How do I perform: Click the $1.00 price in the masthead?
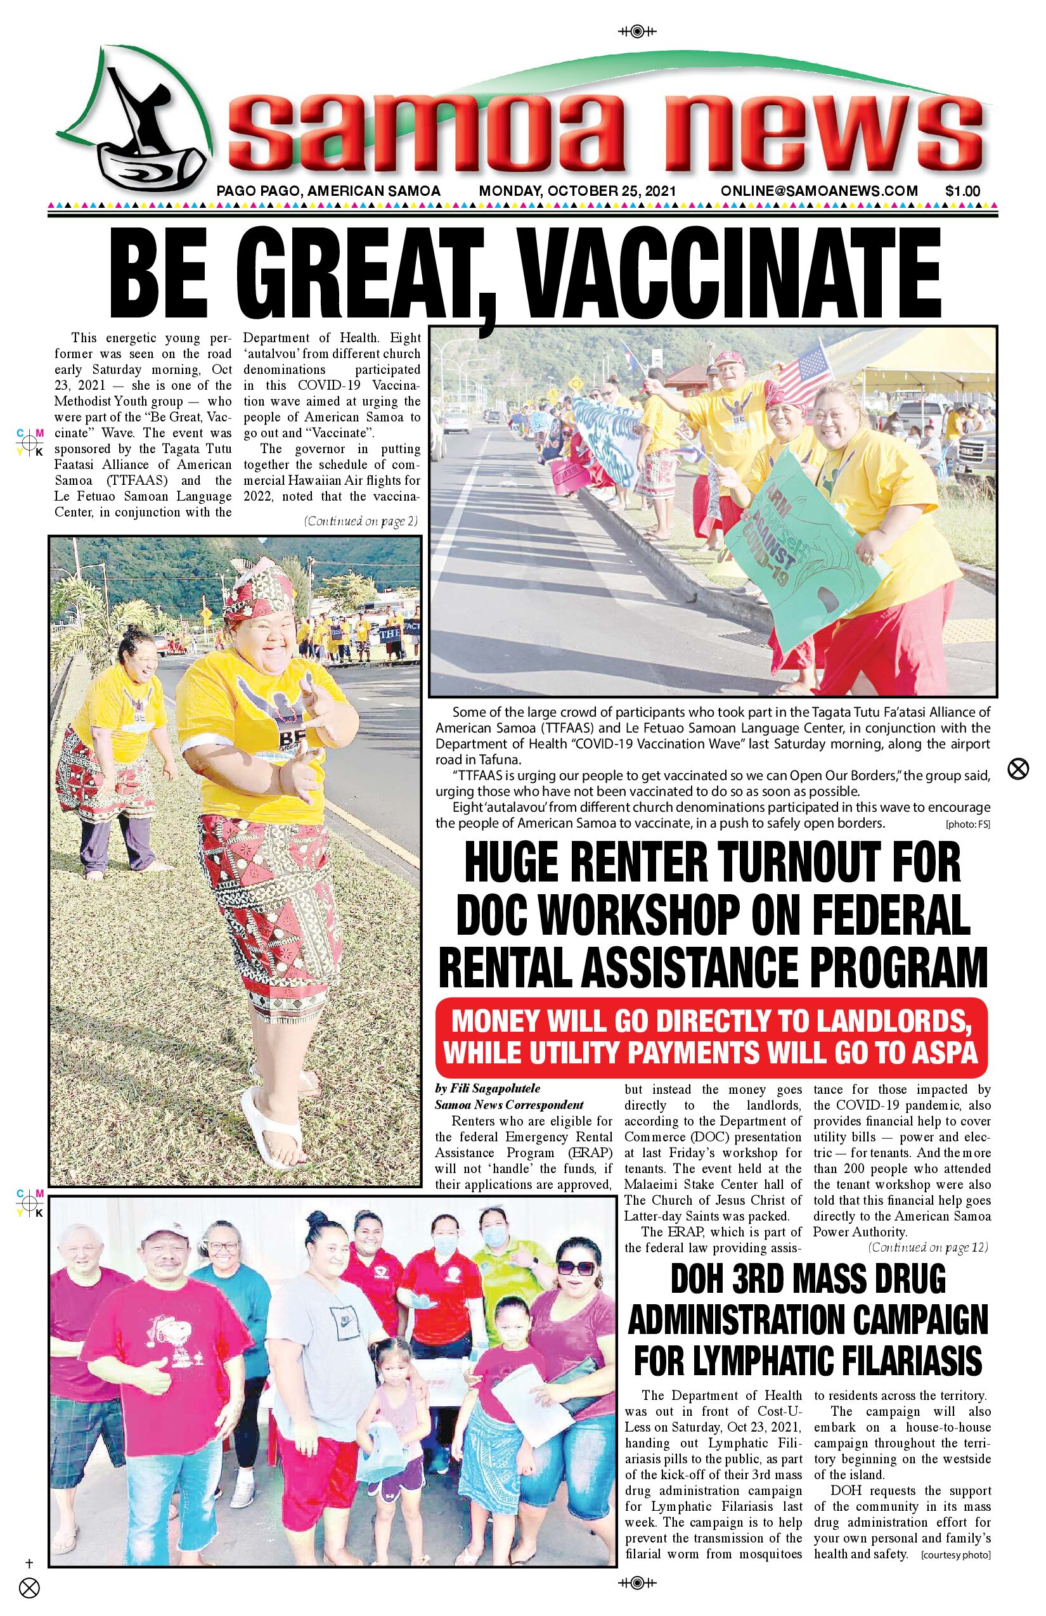click(x=962, y=191)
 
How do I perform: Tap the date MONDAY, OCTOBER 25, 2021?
click(x=578, y=191)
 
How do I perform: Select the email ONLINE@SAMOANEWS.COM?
click(x=819, y=191)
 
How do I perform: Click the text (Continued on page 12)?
click(x=928, y=1247)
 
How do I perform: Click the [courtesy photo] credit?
click(x=956, y=1556)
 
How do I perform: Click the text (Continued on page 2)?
click(x=361, y=522)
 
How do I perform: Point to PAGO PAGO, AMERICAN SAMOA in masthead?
click(x=328, y=191)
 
